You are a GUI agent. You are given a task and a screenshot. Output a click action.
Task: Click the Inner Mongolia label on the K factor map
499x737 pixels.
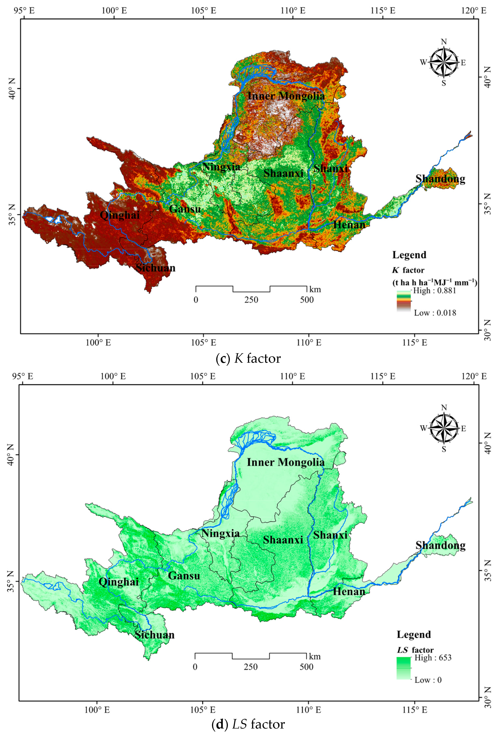[x=286, y=96]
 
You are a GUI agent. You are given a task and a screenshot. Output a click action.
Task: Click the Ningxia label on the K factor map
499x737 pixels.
[x=221, y=167]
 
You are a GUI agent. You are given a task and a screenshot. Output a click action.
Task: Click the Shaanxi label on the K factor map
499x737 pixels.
[x=283, y=173]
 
